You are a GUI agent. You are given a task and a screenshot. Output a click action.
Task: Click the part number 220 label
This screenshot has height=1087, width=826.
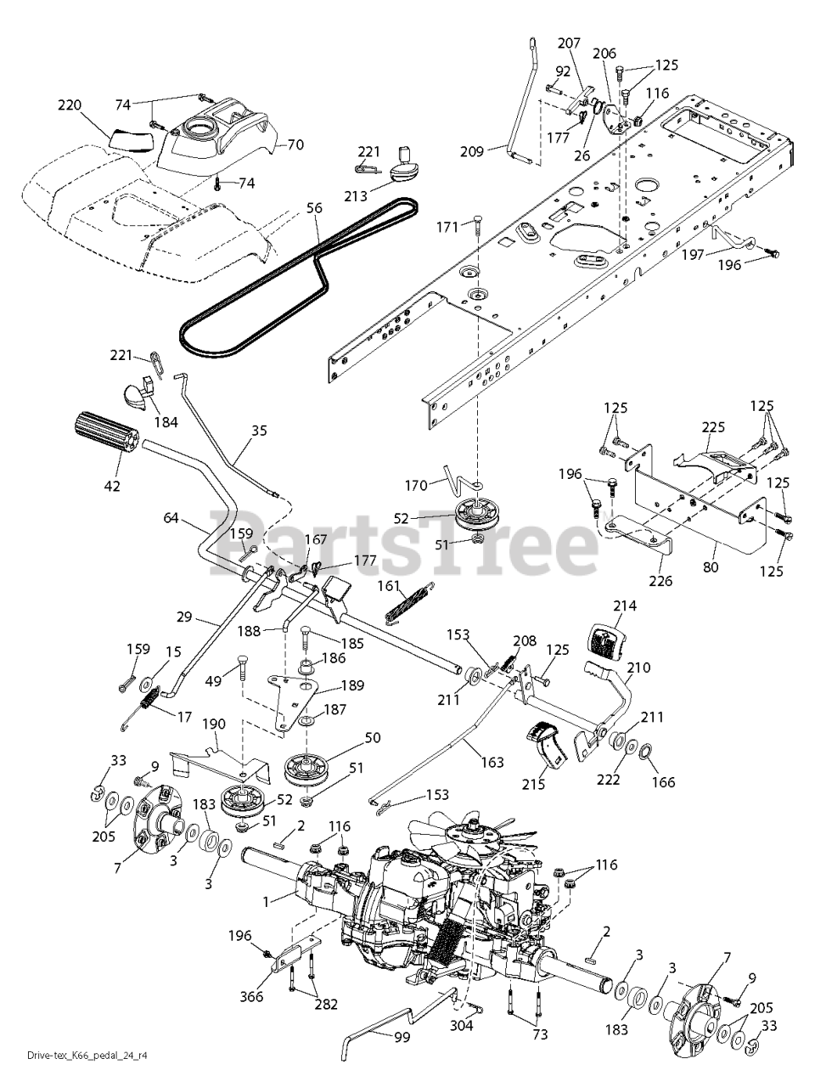click(x=70, y=105)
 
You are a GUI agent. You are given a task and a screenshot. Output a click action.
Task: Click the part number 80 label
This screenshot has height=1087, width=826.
click(x=711, y=566)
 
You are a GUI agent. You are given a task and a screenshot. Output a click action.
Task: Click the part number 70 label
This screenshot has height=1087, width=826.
click(x=295, y=145)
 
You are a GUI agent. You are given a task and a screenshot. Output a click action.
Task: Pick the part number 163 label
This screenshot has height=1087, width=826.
click(x=492, y=762)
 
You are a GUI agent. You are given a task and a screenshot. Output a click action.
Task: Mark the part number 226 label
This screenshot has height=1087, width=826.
click(x=660, y=582)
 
